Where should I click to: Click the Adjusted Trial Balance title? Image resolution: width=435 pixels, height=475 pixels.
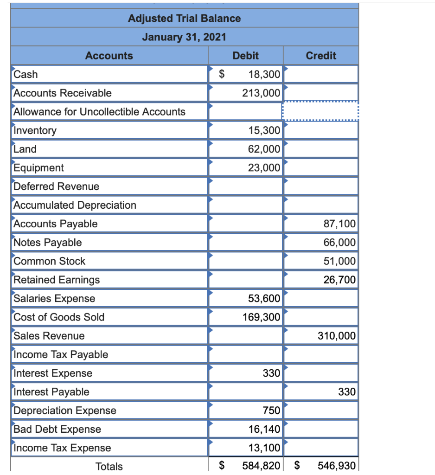pyautogui.click(x=184, y=19)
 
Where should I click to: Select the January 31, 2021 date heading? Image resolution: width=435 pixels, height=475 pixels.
pyautogui.click(x=184, y=37)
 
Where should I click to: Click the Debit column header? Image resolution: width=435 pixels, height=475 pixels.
pyautogui.click(x=245, y=56)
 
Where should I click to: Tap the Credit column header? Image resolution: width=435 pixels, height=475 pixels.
pyautogui.click(x=321, y=56)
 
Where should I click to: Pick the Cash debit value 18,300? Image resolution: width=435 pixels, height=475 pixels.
pyautogui.click(x=263, y=74)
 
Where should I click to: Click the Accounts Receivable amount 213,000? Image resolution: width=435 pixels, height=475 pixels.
pyautogui.click(x=261, y=93)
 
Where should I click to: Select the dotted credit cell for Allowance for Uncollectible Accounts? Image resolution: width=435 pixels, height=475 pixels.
pyautogui.click(x=320, y=112)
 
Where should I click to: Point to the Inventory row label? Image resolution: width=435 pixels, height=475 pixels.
pyautogui.click(x=35, y=131)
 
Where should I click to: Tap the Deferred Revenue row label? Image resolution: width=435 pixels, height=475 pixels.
pyautogui.click(x=57, y=186)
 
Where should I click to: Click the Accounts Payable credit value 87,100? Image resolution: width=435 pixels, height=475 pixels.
pyautogui.click(x=339, y=224)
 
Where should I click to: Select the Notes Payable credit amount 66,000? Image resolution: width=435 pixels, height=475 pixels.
pyautogui.click(x=339, y=243)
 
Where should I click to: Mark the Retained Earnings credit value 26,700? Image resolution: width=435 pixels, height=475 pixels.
pyautogui.click(x=339, y=280)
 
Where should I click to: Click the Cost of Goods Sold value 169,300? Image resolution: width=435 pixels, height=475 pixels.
pyautogui.click(x=261, y=317)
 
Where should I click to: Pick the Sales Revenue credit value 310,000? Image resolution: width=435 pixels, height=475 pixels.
pyautogui.click(x=337, y=336)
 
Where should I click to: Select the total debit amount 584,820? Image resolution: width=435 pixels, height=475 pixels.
pyautogui.click(x=261, y=466)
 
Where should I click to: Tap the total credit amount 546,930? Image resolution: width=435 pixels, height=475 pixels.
pyautogui.click(x=337, y=466)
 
